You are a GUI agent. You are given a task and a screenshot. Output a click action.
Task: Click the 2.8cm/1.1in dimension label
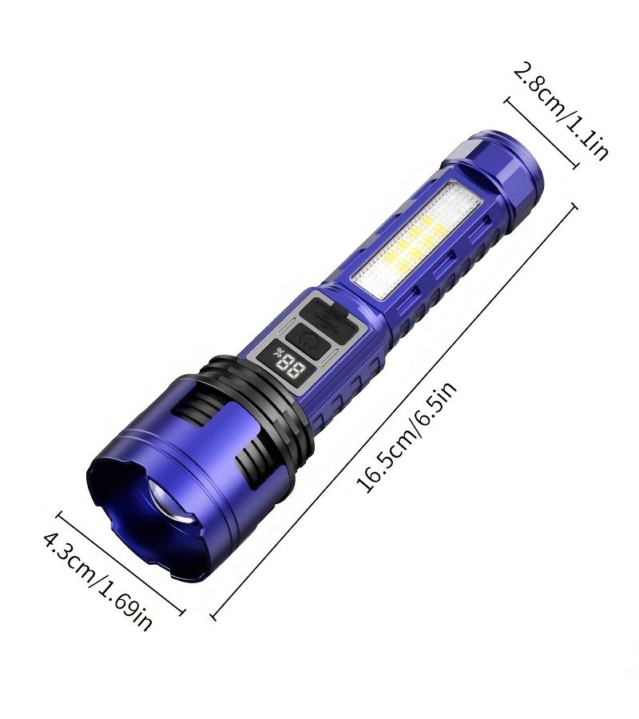[561, 112]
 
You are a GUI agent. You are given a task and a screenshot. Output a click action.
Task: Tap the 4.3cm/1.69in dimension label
[97, 581]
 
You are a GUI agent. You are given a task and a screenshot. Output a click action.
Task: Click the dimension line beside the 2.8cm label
[541, 133]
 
